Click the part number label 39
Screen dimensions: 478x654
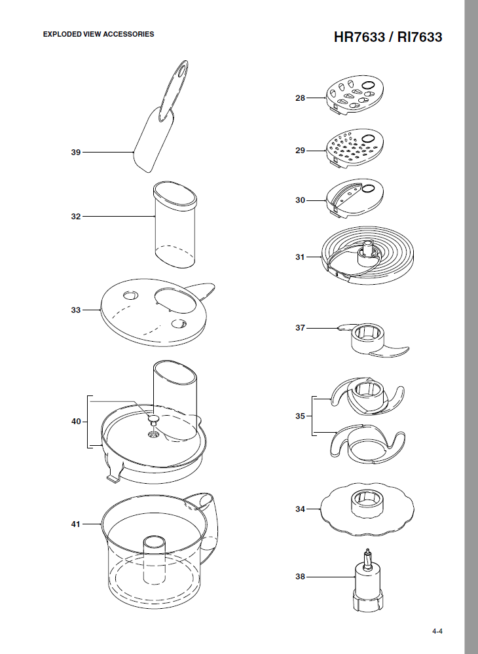point(75,153)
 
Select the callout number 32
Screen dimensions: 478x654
point(75,217)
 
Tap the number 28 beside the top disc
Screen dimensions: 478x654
point(301,98)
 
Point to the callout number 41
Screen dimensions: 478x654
point(75,524)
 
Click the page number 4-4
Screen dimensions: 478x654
point(437,632)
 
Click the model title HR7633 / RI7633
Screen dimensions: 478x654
point(388,37)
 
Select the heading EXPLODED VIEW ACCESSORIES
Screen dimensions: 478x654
point(98,34)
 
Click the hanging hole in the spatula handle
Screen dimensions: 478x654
point(181,69)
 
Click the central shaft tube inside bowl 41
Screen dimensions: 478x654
point(155,559)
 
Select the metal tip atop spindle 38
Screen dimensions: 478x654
point(367,558)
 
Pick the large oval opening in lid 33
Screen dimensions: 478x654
point(175,300)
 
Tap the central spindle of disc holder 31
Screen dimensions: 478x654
point(368,252)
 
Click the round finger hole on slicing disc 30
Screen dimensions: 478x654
point(367,189)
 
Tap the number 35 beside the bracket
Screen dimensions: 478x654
point(301,416)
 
